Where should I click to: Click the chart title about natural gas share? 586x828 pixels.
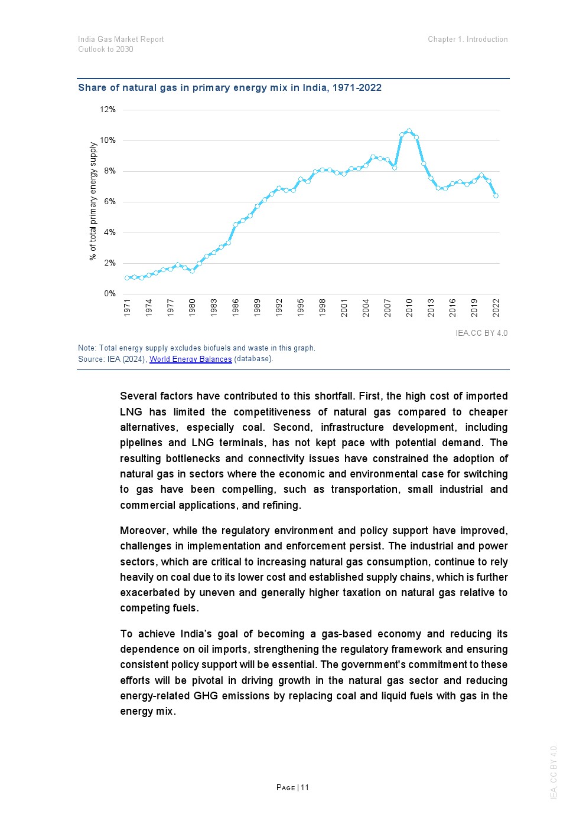[230, 88]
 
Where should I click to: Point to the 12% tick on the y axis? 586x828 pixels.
[108, 110]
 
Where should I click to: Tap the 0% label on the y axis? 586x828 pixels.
[110, 294]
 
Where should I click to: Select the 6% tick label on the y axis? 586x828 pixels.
[110, 202]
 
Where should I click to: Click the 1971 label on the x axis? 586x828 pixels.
[127, 307]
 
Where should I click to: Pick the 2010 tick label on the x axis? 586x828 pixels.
[409, 307]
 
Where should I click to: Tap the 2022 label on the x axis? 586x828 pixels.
[496, 307]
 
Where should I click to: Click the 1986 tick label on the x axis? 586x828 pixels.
[236, 307]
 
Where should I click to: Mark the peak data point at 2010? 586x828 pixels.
[409, 131]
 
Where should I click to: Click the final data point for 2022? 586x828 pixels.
[496, 195]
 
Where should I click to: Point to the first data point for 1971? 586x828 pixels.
[127, 278]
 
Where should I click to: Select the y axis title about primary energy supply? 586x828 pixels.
[93, 201]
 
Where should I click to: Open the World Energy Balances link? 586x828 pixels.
[190, 359]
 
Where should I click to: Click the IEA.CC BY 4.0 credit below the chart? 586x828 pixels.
[481, 333]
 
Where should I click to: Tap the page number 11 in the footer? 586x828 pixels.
[305, 787]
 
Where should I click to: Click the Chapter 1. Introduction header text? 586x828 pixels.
[468, 40]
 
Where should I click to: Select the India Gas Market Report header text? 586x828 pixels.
[121, 40]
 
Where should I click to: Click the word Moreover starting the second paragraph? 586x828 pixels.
[144, 531]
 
